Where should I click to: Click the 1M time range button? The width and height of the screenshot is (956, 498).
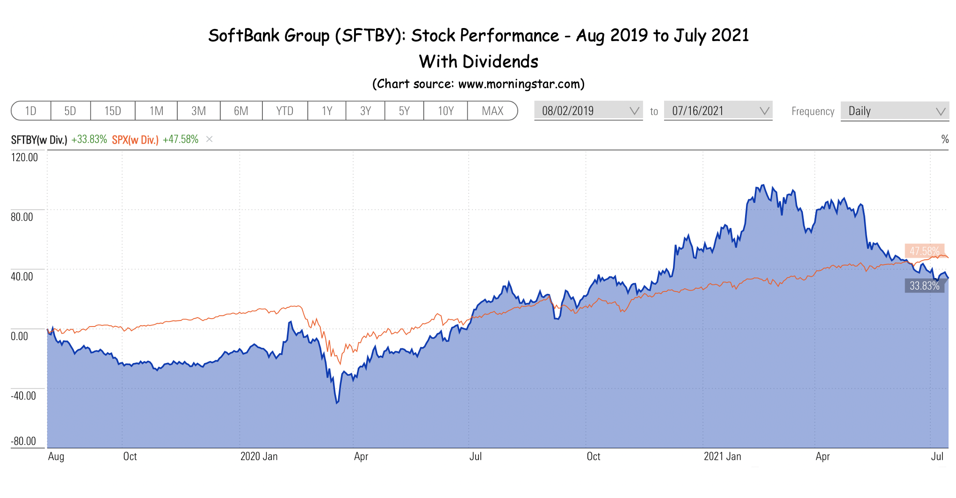(156, 111)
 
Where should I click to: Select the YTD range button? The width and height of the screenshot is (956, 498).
(285, 111)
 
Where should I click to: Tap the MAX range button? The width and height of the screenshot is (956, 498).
(492, 111)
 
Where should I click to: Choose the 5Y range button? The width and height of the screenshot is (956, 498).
(404, 111)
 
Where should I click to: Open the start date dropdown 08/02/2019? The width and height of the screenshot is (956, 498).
(588, 111)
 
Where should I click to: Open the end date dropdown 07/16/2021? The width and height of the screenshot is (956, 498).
(718, 111)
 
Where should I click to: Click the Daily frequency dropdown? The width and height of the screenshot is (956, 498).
(895, 111)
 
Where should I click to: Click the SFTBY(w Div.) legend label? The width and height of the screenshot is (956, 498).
(39, 140)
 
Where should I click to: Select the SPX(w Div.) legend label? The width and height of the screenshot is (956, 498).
(135, 140)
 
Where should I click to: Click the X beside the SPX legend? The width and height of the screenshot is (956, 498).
(210, 139)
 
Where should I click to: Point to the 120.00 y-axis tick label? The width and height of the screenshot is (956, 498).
(24, 157)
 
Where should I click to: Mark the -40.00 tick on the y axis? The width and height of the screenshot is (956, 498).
(23, 396)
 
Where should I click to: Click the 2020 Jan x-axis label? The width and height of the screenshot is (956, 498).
(259, 456)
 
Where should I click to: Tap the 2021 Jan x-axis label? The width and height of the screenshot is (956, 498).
(723, 456)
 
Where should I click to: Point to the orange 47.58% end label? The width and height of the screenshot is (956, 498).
(925, 251)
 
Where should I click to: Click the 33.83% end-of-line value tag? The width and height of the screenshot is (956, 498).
(925, 285)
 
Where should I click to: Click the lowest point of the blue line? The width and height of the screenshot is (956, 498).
(337, 403)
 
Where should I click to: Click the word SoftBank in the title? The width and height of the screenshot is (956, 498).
(244, 36)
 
